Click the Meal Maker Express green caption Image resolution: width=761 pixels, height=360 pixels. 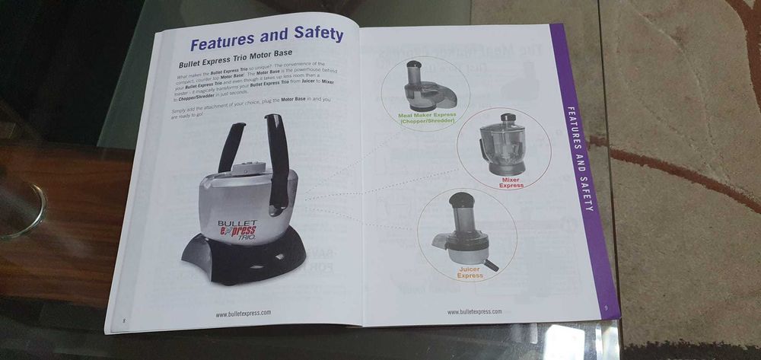[x=428, y=118]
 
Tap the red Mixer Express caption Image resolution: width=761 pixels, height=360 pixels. [x=511, y=183]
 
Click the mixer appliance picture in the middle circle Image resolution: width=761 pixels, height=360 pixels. [x=504, y=145]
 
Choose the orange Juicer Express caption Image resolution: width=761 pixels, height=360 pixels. [x=470, y=272]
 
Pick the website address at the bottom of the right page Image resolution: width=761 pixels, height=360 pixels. [x=474, y=311]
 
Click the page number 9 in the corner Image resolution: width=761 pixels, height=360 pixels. [x=604, y=307]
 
